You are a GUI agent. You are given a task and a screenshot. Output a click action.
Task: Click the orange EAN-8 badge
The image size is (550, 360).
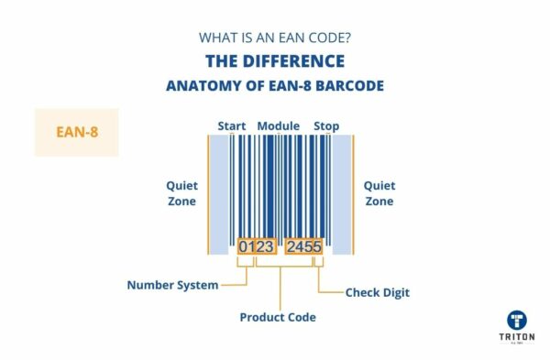pos(76,132)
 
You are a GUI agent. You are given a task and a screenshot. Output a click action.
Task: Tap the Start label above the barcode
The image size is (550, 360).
pos(231,125)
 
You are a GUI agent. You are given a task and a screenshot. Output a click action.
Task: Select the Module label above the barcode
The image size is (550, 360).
pos(279,125)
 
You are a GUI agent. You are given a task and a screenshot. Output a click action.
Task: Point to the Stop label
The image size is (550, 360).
pos(326,125)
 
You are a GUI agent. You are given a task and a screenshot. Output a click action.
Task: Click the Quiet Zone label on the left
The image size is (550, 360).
pos(181,192)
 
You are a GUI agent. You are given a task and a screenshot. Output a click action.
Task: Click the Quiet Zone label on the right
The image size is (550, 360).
pos(379,192)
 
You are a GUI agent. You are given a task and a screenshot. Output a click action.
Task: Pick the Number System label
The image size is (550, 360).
pos(172,285)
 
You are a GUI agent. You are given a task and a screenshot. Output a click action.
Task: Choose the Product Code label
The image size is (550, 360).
pos(278,317)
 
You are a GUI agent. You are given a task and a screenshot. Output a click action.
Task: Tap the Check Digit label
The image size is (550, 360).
pos(377,293)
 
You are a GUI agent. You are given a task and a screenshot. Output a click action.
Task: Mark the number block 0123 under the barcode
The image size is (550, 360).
pos(256,246)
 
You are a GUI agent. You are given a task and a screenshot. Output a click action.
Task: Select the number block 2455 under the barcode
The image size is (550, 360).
pos(303,246)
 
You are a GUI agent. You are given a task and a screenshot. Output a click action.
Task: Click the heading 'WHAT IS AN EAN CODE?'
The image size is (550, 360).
pos(274,38)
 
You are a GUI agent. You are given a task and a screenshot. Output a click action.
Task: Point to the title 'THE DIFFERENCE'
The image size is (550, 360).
pos(275,61)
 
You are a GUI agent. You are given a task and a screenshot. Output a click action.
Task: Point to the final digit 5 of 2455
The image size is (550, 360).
pos(316,246)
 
